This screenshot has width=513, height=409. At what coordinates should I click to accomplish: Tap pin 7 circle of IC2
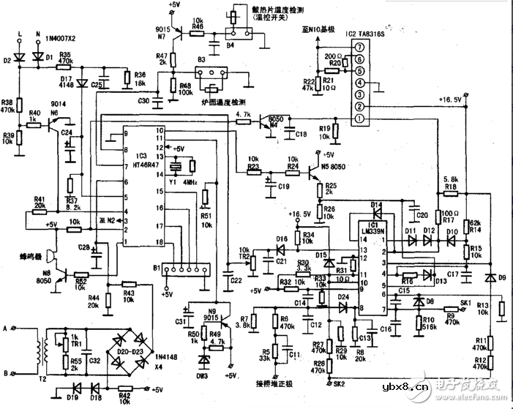coord(359,47)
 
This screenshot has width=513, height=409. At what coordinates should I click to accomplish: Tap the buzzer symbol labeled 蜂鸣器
coord(49,256)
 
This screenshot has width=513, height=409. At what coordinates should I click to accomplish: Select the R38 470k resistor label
coord(10,105)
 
